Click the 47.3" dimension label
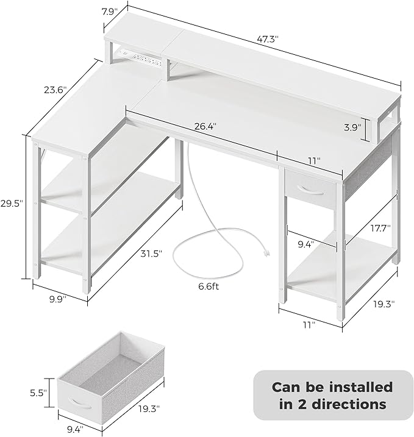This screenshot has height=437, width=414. click(268, 39)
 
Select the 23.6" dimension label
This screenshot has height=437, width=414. click(55, 90)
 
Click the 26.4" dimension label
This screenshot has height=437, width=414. click(205, 126)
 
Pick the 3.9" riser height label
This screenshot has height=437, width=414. click(352, 127)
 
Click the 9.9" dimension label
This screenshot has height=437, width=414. click(58, 299)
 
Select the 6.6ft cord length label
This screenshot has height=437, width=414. click(209, 286)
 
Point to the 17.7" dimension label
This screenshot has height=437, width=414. click(380, 227)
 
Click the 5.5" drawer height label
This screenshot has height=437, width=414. click(38, 393)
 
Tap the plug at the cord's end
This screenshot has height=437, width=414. click(266, 253)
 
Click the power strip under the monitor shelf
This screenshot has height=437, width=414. click(141, 58)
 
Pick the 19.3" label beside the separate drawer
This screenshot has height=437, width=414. click(149, 408)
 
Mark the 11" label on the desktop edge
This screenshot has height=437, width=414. click(313, 160)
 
